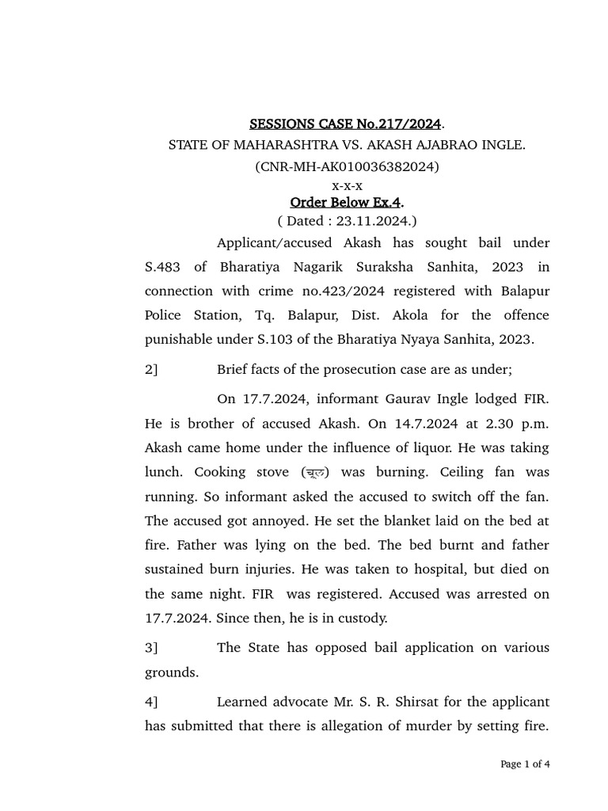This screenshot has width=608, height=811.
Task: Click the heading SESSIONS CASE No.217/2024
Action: [346, 124]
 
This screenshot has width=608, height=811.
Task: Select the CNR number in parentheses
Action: [346, 166]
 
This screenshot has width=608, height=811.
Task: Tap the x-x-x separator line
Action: [347, 185]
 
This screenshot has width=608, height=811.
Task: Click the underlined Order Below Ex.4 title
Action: [346, 204]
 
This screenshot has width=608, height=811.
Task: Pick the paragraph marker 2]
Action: [151, 369]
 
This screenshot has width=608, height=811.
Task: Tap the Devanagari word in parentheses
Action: [317, 472]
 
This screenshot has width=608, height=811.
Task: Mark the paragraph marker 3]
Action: [151, 648]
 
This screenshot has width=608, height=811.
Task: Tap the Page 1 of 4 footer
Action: [525, 764]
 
